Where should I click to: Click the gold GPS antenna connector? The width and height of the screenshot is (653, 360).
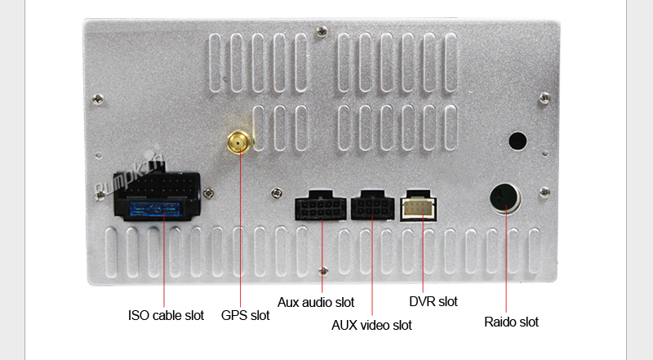coord(238,144)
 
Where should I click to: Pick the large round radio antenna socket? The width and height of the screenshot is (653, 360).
coord(504,198)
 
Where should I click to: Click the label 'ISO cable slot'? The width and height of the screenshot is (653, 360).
coord(166,315)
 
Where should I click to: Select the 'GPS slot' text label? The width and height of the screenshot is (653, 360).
coord(245,315)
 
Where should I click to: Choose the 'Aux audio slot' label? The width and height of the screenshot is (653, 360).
coord(316,302)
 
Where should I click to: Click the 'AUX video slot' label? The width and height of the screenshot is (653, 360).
coord(371,325)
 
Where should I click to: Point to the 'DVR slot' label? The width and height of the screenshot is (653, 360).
coord(433,302)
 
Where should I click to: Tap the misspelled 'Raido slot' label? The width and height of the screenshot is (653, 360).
coord(512,322)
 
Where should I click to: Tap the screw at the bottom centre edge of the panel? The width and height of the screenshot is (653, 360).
coord(322,269)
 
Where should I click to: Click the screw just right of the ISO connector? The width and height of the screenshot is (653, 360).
coord(210,193)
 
